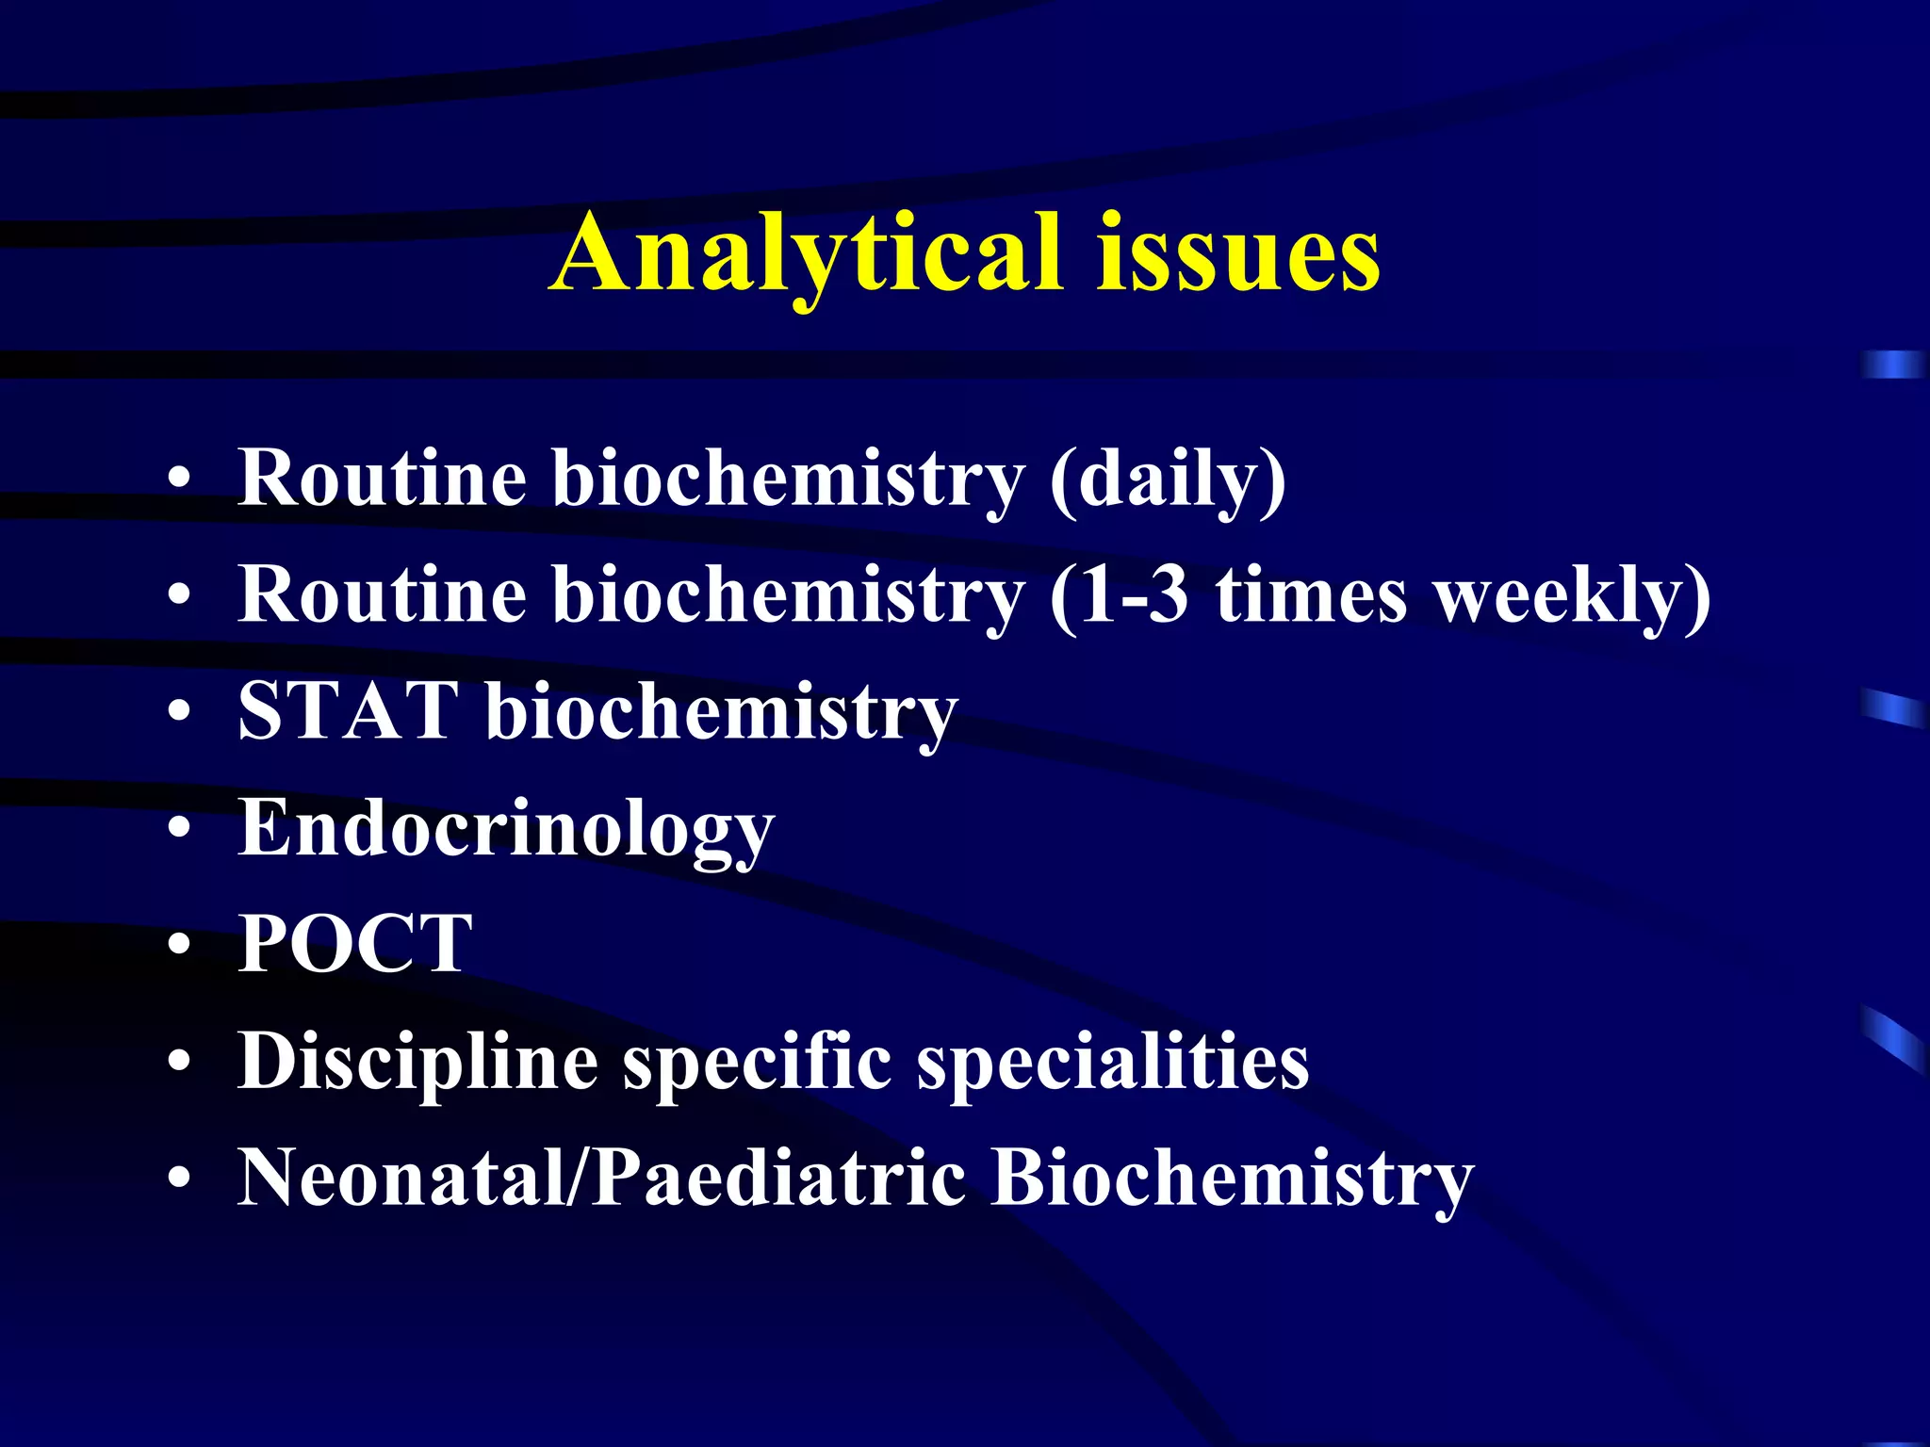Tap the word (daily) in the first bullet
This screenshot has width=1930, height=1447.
pos(1168,480)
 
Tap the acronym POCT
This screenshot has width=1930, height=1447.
pos(355,945)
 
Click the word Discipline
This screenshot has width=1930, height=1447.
pos(418,1063)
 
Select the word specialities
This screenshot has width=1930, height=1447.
pos(1113,1063)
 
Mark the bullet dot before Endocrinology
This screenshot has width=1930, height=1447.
pos(179,829)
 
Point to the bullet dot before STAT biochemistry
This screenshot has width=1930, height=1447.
pos(179,712)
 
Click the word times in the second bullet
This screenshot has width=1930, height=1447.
pos(1311,597)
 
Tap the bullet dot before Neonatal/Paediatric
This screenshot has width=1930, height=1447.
pos(179,1179)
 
